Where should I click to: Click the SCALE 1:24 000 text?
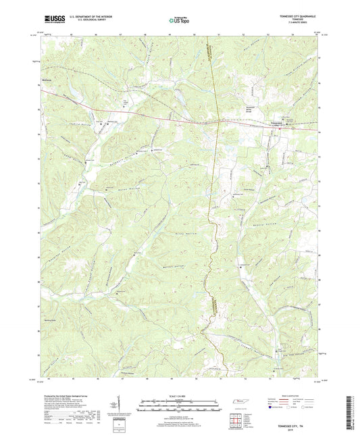click(180, 394)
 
